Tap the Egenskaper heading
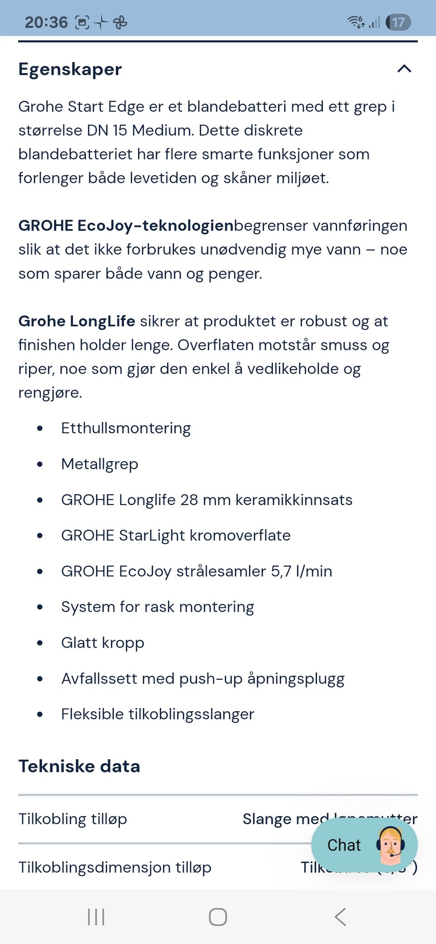70,69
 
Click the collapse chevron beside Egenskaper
404,69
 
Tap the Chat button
344,845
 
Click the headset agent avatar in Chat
390,845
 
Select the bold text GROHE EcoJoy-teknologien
126,226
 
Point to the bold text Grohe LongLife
77,321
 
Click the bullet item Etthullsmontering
126,428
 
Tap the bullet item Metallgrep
99,464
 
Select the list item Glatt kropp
103,643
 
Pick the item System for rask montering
158,607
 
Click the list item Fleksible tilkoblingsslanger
158,714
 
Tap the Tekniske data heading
79,767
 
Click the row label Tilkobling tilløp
73,819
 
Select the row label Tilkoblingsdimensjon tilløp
115,868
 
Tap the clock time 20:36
46,22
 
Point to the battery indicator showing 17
398,22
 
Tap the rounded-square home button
218,917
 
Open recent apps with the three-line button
96,917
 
